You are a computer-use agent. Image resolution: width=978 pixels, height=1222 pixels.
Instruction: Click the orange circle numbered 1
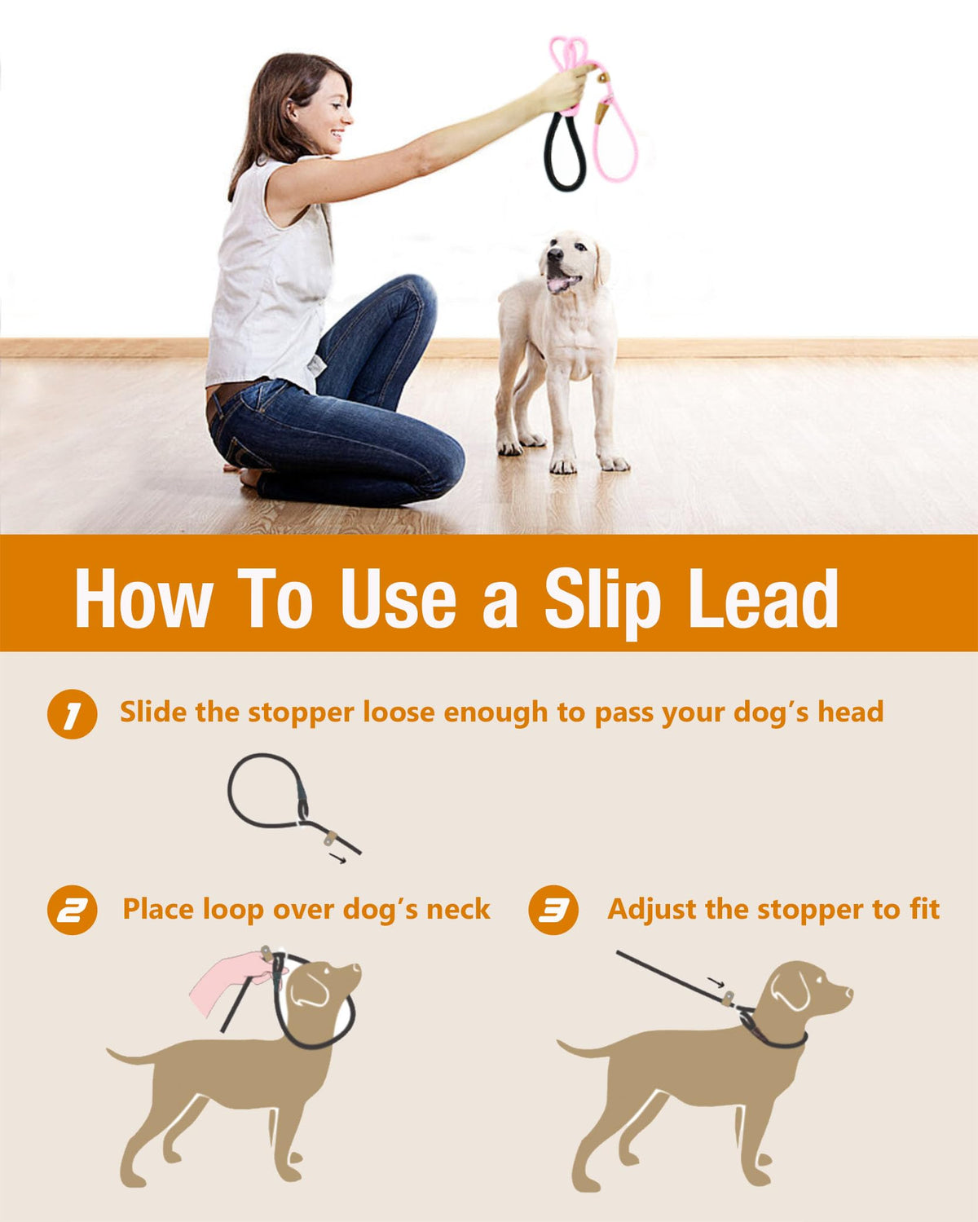click(72, 714)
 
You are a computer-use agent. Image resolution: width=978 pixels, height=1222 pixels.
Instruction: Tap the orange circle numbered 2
click(72, 910)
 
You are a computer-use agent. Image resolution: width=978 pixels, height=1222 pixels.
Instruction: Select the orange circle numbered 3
click(553, 910)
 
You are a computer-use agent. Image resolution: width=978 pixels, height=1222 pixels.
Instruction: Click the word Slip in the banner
click(603, 601)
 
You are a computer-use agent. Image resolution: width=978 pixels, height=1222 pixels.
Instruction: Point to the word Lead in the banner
click(763, 598)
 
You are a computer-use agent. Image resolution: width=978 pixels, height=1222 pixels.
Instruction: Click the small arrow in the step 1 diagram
click(337, 859)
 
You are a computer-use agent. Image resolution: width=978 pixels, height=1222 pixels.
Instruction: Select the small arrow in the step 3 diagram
click(716, 982)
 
